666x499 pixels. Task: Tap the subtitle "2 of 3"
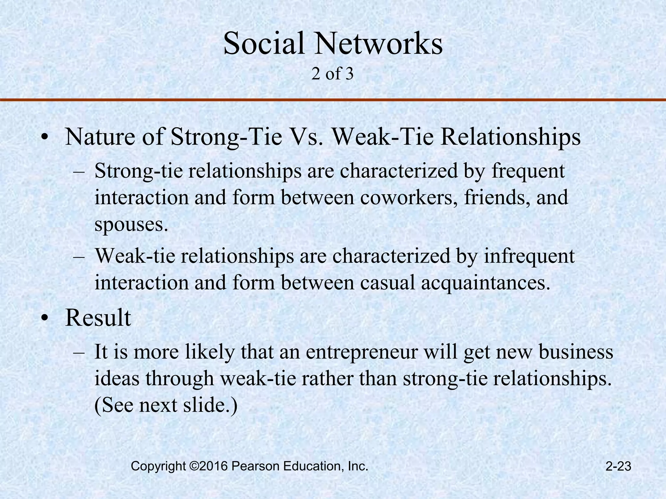point(332,74)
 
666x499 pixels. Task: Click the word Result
point(98,318)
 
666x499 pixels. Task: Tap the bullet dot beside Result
point(45,319)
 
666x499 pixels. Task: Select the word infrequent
point(529,256)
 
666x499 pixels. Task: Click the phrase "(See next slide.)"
point(166,405)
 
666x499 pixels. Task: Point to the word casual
point(388,283)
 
